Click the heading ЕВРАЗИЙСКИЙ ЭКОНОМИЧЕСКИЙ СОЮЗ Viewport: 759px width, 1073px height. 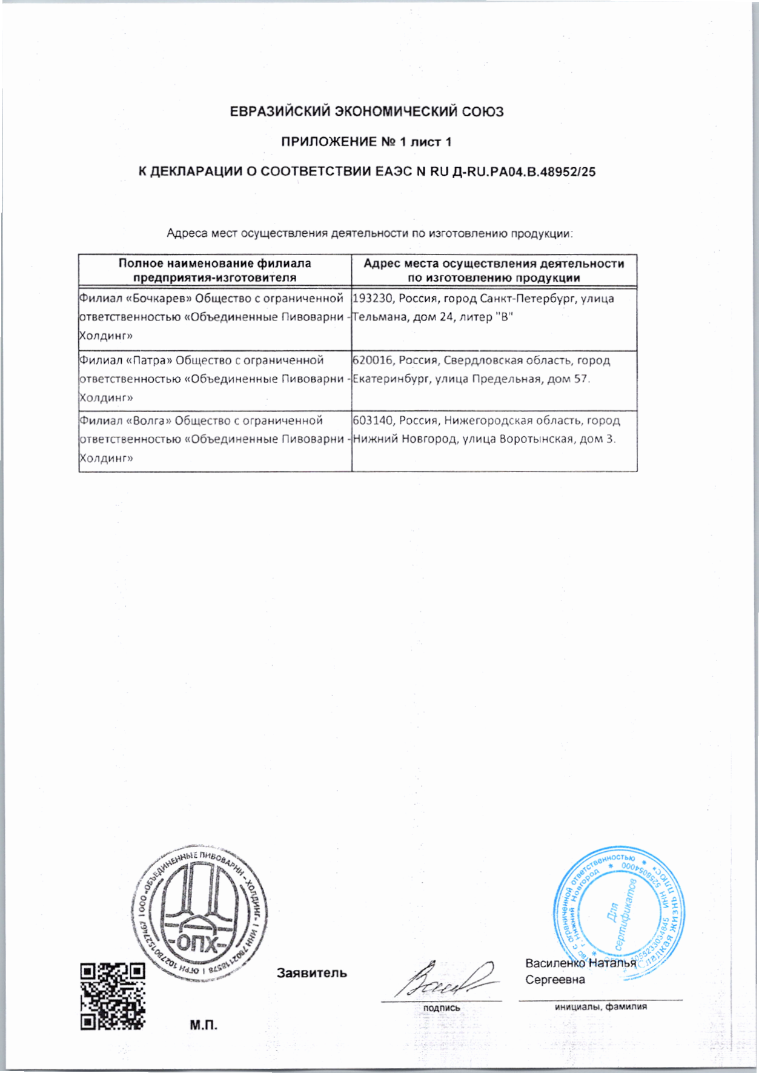366,112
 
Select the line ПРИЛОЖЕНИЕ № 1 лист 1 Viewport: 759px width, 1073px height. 366,142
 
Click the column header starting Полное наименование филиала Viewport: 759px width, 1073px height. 214,271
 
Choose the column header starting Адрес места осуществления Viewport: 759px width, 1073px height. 494,271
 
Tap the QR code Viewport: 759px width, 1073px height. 113,997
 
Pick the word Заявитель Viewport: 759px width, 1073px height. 312,974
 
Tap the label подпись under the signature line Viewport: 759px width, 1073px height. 441,1008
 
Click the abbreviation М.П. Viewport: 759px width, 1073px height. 204,1025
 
